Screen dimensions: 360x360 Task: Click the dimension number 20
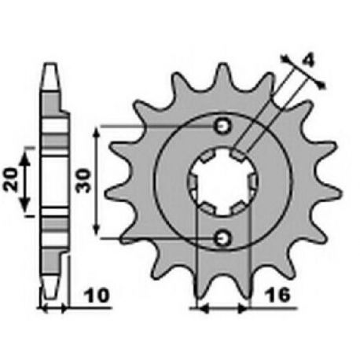click(x=10, y=179)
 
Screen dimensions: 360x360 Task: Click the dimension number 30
click(x=83, y=181)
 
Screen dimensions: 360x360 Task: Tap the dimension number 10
click(x=96, y=296)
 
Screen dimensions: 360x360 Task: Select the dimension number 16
click(x=277, y=295)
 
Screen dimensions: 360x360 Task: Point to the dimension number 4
click(x=307, y=62)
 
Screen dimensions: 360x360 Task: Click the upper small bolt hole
click(x=223, y=127)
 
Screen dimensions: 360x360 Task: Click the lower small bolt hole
click(x=223, y=238)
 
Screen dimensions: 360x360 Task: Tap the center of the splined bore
click(x=223, y=182)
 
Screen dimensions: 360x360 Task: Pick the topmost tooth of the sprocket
click(x=223, y=76)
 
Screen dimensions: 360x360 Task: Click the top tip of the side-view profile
click(x=50, y=64)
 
